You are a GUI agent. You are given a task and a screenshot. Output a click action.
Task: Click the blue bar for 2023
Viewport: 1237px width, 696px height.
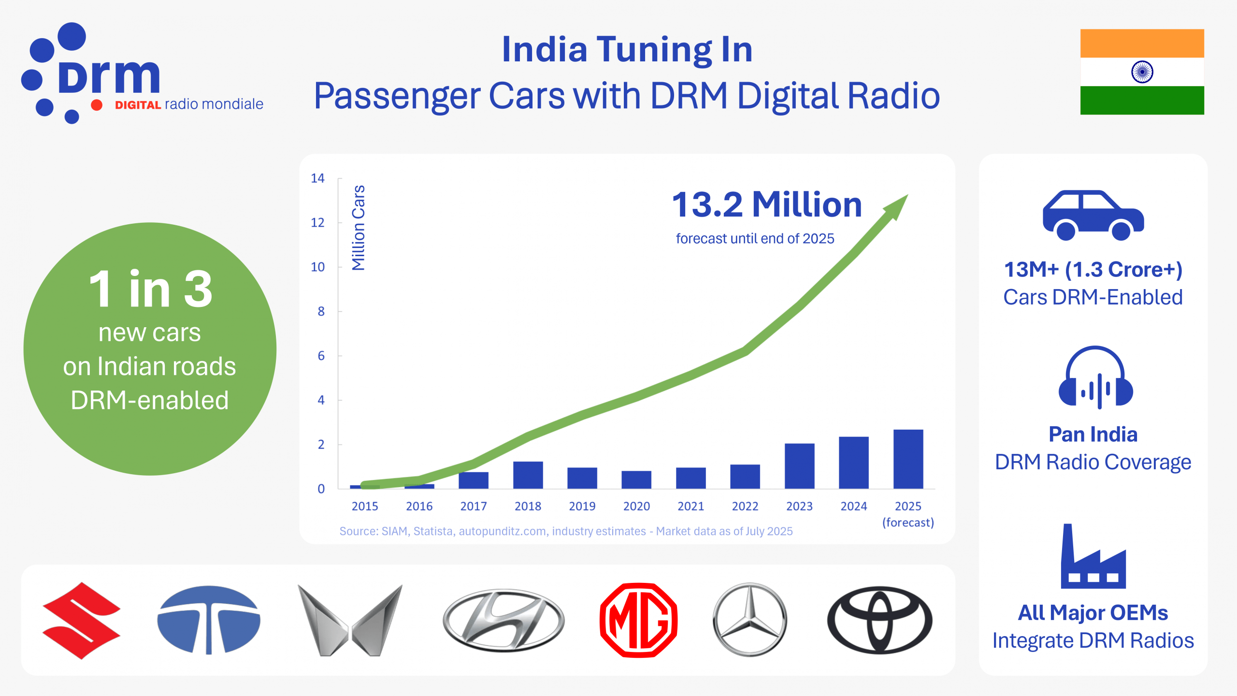coord(799,466)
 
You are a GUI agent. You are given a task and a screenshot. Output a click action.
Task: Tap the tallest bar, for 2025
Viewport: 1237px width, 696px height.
coord(908,459)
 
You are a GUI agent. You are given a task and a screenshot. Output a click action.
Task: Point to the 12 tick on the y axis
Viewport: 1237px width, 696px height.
coord(317,223)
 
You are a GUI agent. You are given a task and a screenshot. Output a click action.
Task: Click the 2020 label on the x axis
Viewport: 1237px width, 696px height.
coord(636,506)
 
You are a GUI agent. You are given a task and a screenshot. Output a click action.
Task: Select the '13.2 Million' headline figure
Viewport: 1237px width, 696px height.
coord(767,205)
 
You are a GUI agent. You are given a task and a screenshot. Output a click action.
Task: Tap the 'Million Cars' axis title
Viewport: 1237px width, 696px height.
coord(358,228)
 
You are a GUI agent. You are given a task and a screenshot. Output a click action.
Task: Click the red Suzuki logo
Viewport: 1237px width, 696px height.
coord(81,620)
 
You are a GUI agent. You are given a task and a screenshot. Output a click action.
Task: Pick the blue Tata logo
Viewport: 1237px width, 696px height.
coord(209,620)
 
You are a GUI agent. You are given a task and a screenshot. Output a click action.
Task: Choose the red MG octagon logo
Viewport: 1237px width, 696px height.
coord(638,620)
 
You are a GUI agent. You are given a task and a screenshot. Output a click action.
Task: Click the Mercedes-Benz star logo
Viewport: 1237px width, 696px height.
coord(750,620)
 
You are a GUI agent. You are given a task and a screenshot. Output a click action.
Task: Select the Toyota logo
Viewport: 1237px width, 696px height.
coord(879,620)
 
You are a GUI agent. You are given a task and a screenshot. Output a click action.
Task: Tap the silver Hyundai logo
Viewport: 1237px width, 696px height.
coord(503,620)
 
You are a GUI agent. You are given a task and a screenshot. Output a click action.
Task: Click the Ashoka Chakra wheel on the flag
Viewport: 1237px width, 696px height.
coord(1142,72)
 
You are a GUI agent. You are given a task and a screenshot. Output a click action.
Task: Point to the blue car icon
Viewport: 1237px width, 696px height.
coord(1093,216)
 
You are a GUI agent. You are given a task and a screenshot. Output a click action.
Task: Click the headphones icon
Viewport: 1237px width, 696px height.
coord(1095,377)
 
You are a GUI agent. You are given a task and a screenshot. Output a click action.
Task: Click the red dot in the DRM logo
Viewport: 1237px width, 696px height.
coord(97,105)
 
